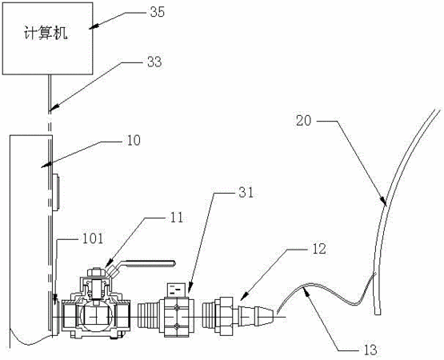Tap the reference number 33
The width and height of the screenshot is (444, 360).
point(154,62)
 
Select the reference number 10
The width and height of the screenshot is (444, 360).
point(134,140)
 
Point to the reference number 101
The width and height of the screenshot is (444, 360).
point(93,238)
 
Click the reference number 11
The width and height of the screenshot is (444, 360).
point(177,218)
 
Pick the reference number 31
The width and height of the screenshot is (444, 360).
point(246,193)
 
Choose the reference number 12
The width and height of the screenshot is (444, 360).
point(319,249)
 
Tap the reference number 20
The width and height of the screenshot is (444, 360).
point(303,121)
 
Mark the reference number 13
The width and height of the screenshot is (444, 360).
point(370,350)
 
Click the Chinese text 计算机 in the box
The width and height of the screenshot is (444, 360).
point(46,34)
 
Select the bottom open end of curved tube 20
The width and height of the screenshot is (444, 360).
point(378,314)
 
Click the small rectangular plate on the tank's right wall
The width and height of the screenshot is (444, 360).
point(56,193)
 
